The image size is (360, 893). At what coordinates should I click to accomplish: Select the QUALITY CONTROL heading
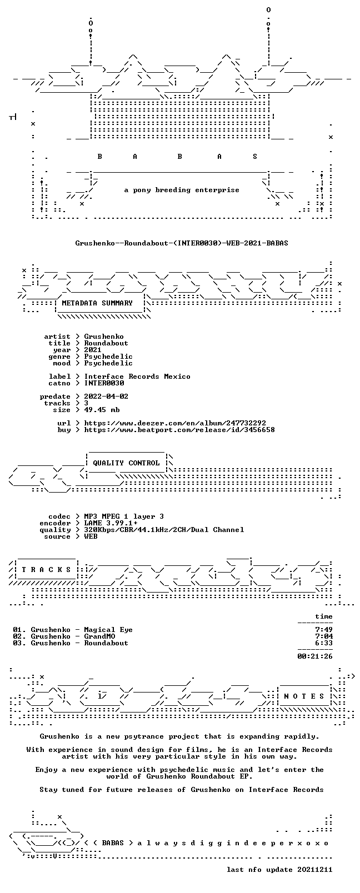pyautogui.click(x=126, y=463)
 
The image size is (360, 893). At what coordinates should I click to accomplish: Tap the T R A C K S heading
pyautogui.click(x=46, y=570)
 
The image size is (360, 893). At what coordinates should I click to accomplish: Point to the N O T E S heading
pyautogui.click(x=304, y=696)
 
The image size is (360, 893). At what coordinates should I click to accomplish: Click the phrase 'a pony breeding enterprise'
pyautogui.click(x=182, y=190)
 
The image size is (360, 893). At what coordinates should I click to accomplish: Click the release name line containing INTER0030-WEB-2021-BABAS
pyautogui.click(x=182, y=243)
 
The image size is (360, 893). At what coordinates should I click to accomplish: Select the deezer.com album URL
pyautogui.click(x=175, y=423)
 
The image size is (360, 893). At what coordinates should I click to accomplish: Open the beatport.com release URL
pyautogui.click(x=179, y=430)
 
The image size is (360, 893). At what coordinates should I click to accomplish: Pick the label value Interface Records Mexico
pyautogui.click(x=137, y=377)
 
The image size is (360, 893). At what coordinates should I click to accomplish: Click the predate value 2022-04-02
pyautogui.click(x=106, y=397)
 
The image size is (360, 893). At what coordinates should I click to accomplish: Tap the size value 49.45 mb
pyautogui.click(x=102, y=410)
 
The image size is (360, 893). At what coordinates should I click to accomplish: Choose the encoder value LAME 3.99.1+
pyautogui.click(x=111, y=523)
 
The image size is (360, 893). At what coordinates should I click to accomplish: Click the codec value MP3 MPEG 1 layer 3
pyautogui.click(x=124, y=516)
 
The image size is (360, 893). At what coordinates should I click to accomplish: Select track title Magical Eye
pyautogui.click(x=108, y=630)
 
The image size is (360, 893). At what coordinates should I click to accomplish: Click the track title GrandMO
pyautogui.click(x=99, y=636)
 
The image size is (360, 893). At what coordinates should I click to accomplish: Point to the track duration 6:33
pyautogui.click(x=324, y=643)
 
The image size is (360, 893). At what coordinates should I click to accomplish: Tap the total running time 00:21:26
pyautogui.click(x=315, y=656)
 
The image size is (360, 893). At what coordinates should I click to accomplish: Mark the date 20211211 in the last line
pyautogui.click(x=315, y=870)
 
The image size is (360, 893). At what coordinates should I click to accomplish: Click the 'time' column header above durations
pyautogui.click(x=324, y=616)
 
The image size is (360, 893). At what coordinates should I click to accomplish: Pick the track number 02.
pyautogui.click(x=18, y=636)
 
